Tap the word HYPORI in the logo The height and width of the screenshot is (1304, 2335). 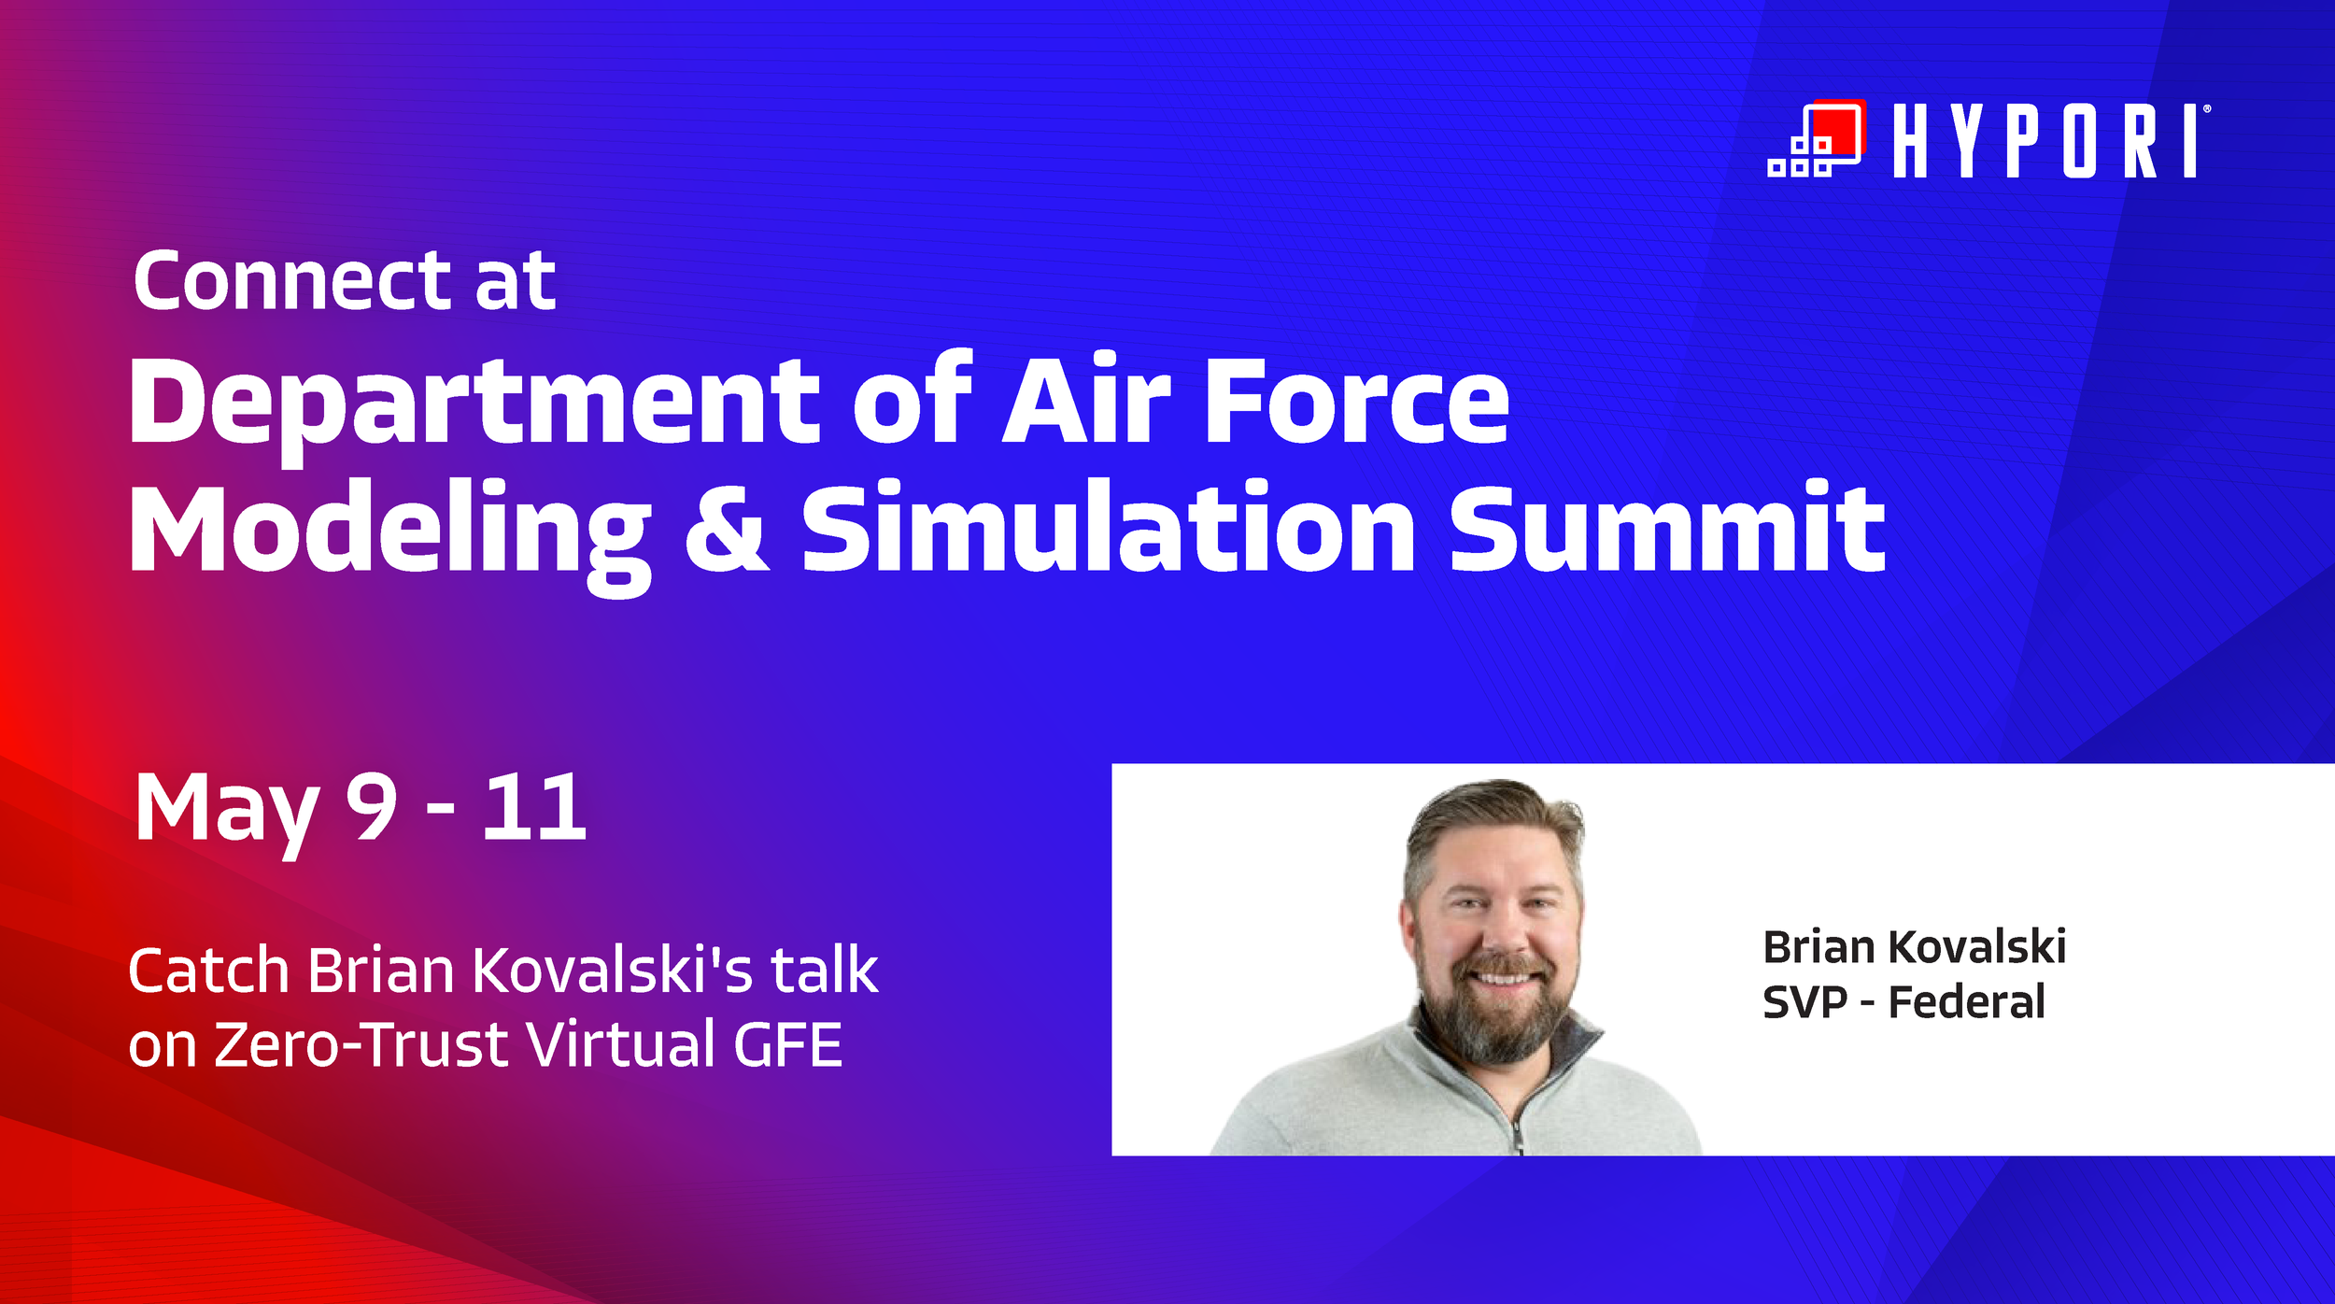[2049, 141]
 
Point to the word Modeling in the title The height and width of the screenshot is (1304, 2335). [389, 531]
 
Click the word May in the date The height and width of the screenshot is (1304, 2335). [227, 809]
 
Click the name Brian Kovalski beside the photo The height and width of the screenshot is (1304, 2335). [1914, 947]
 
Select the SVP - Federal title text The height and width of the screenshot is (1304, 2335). [1903, 1002]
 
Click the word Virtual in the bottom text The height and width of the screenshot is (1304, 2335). [621, 1044]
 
